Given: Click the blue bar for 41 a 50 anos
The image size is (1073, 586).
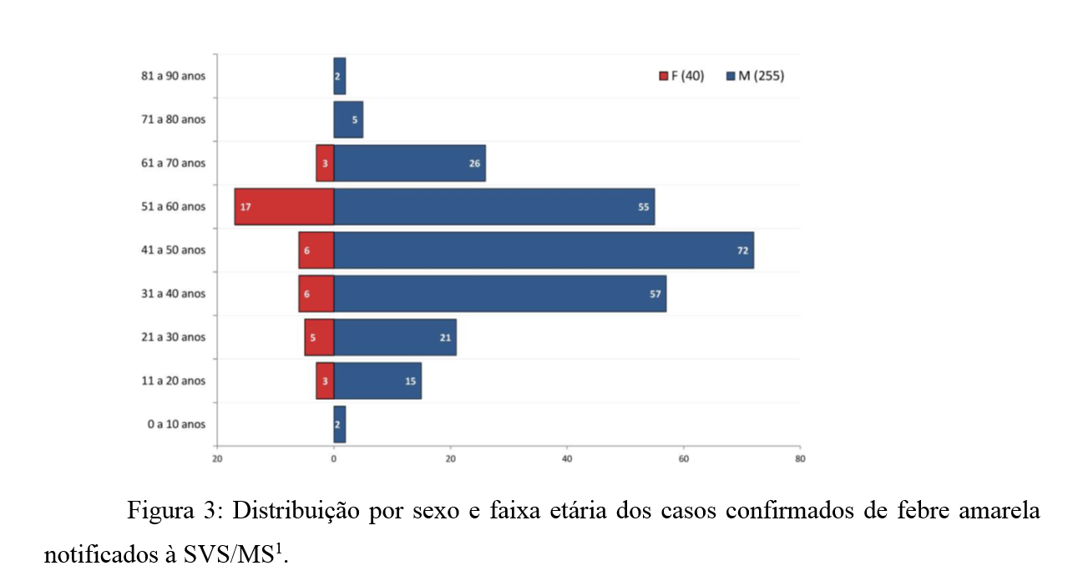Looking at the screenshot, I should [543, 250].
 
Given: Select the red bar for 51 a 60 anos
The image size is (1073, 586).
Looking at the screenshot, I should [284, 207].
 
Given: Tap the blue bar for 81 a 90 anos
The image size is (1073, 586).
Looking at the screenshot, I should [340, 76].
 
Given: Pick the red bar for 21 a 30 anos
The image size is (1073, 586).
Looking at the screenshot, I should [319, 337].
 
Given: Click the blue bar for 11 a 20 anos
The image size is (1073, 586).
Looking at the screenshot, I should [377, 381].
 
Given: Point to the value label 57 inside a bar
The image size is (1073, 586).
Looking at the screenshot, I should [655, 294].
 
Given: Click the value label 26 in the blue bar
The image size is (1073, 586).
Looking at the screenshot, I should [474, 164].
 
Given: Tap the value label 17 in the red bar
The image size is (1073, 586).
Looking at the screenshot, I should [245, 207].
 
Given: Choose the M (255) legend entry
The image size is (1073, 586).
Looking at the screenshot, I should [755, 76].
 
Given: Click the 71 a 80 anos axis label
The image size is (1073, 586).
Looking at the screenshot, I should [173, 119].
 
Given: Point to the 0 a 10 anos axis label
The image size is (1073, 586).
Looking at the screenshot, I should [176, 424].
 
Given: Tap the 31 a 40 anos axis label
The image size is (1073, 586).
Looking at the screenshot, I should [173, 294].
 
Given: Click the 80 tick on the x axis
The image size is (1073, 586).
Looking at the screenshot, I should [800, 458].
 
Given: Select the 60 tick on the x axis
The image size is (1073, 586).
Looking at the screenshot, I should [683, 458].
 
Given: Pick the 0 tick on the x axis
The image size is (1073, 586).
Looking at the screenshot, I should [334, 458].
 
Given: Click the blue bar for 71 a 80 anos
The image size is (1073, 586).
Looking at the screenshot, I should [348, 119].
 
